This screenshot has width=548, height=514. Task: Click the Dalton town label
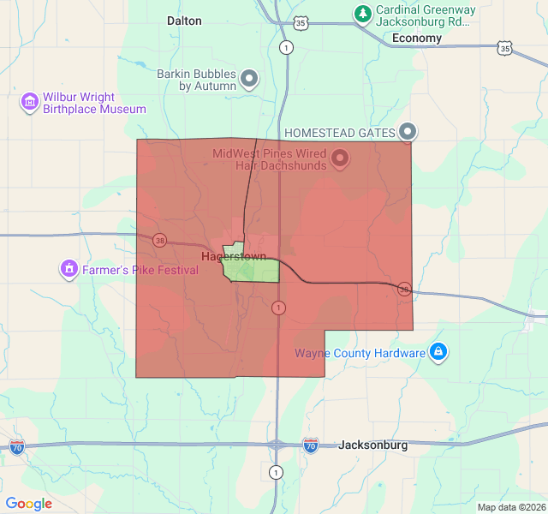(x=184, y=21)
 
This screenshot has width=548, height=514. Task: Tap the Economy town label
(x=416, y=38)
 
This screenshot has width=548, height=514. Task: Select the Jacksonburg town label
(x=372, y=445)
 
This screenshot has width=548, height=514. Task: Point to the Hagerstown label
(x=233, y=256)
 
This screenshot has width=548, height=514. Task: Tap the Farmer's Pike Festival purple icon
(x=68, y=270)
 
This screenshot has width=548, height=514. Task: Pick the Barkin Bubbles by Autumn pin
(x=250, y=80)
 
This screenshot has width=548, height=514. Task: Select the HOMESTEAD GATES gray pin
(x=408, y=132)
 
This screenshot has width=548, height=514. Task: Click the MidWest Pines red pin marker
(x=340, y=158)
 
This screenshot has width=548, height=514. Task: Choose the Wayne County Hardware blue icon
(x=438, y=352)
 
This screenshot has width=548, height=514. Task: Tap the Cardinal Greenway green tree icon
(x=363, y=14)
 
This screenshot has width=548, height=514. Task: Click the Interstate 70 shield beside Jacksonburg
(x=311, y=445)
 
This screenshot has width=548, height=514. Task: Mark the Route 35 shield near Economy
(x=506, y=49)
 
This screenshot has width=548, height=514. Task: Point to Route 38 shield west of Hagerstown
(x=160, y=241)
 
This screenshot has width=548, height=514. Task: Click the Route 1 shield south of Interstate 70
(x=276, y=472)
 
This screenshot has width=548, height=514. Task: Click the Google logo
(x=28, y=504)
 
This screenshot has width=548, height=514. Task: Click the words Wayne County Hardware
(x=360, y=353)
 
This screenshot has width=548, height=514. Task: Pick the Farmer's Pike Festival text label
(x=140, y=270)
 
